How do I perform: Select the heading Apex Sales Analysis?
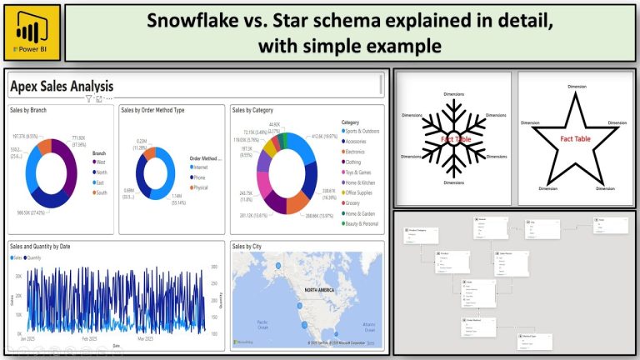[62, 86]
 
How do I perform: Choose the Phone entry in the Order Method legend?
[199, 177]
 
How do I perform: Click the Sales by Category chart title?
[253, 109]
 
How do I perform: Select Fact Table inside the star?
[577, 138]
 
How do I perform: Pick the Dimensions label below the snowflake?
[453, 182]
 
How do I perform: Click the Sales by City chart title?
[248, 247]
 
